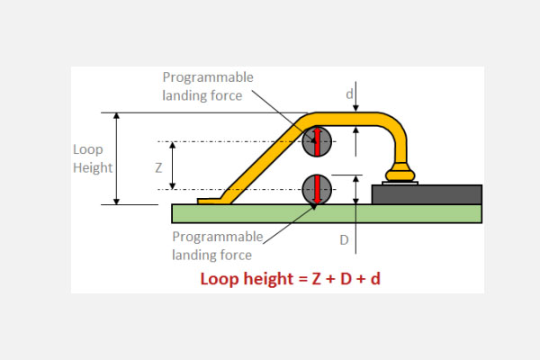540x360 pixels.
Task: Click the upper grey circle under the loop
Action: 317,141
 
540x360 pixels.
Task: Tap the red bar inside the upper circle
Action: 317,141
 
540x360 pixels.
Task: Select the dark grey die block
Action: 427,194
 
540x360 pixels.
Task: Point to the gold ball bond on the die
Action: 397,173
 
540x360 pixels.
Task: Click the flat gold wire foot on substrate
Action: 212,201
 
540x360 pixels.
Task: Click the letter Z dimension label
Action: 158,166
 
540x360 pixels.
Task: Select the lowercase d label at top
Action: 350,93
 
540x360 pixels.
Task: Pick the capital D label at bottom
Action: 344,240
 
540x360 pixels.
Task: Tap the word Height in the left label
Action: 92,167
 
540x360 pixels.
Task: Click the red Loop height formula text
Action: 290,279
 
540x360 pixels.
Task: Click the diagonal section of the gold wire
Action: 261,162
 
